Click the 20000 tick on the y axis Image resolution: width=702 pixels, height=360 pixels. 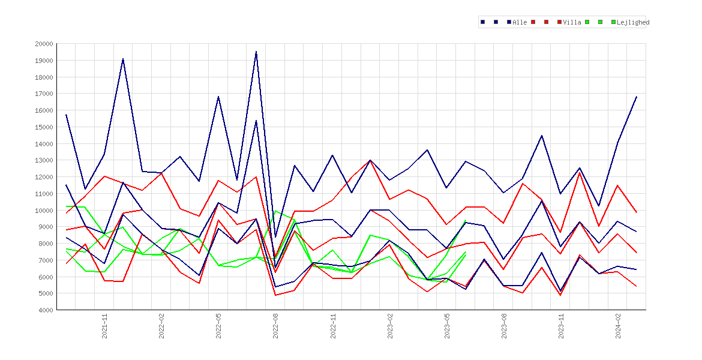[x=44, y=44]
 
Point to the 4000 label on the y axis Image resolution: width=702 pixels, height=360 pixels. [x=46, y=310]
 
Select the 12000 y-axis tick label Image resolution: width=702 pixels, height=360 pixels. [x=44, y=177]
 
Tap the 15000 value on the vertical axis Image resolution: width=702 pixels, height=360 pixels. [x=44, y=127]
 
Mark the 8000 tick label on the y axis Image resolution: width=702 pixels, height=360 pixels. [x=46, y=244]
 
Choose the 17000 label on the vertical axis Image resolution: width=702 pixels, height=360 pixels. [x=44, y=94]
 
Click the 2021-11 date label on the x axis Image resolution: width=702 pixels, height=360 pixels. [x=104, y=326]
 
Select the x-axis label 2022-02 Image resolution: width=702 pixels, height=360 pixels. [x=161, y=326]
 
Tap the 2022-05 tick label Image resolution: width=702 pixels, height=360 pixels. [x=218, y=326]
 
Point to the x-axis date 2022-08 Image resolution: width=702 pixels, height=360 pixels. [x=276, y=326]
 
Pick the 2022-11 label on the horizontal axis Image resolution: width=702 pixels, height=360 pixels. [x=332, y=326]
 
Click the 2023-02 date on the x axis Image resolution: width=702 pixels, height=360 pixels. [x=390, y=326]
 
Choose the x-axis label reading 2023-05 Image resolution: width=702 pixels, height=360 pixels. [x=447, y=326]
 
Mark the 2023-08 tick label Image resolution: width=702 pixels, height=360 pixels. [x=504, y=326]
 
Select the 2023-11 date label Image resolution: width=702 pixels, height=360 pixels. [x=561, y=326]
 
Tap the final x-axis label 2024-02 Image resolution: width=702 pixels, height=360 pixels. [x=618, y=326]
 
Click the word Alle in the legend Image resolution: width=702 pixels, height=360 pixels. [x=520, y=22]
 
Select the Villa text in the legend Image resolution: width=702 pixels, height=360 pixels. [x=572, y=22]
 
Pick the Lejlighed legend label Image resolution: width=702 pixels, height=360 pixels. [x=633, y=22]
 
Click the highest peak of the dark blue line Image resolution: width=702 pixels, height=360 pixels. [x=256, y=52]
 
